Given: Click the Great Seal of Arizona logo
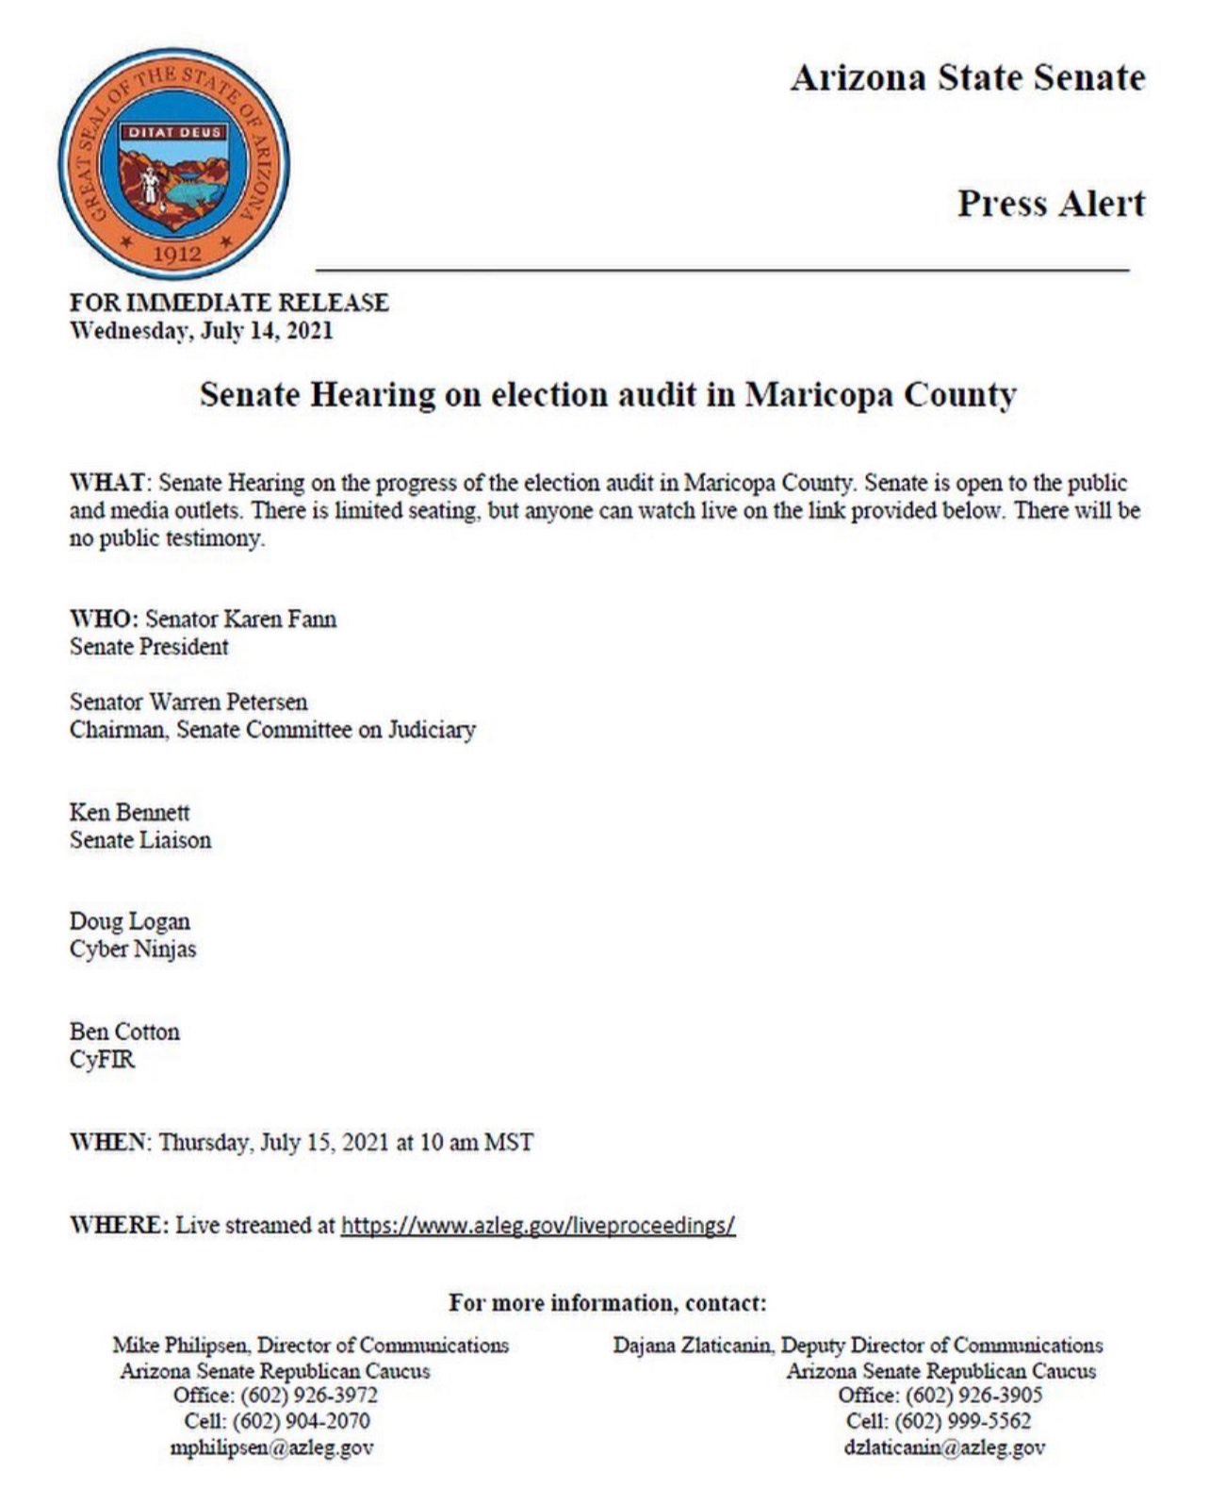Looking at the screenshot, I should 174,165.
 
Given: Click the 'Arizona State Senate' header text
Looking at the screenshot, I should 968,77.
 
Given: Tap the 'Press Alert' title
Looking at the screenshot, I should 1051,204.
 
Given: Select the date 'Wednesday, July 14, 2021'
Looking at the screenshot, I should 201,331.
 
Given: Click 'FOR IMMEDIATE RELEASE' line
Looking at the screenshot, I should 229,303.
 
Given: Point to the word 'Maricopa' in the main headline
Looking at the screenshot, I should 819,394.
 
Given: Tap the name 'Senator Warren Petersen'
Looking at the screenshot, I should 188,702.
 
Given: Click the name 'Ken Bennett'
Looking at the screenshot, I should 129,812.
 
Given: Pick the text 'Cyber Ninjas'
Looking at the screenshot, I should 133,949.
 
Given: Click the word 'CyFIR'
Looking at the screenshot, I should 102,1059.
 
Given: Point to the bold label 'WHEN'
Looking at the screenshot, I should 108,1142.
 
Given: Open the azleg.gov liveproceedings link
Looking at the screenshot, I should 537,1225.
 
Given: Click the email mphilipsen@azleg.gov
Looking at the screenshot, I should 271,1447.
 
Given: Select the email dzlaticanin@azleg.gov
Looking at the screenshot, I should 944,1447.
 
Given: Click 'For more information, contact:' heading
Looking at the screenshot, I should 607,1303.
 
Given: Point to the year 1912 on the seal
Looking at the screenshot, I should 176,254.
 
